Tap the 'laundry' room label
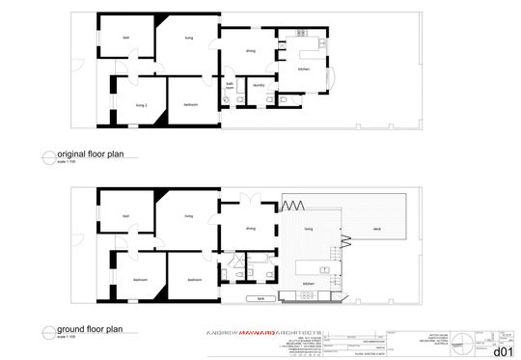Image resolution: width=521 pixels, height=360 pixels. (259, 86)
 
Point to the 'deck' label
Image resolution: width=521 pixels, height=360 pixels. (373, 229)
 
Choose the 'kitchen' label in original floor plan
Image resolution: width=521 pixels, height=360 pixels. (302, 69)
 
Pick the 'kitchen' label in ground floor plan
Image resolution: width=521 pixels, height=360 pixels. (309, 283)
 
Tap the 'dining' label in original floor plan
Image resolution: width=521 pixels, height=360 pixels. (251, 50)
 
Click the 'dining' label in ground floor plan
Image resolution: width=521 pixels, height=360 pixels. (251, 229)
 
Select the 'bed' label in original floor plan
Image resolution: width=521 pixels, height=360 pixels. (125, 38)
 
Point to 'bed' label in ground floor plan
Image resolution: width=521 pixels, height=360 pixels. (125, 217)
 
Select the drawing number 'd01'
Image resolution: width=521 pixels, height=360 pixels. (502, 351)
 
